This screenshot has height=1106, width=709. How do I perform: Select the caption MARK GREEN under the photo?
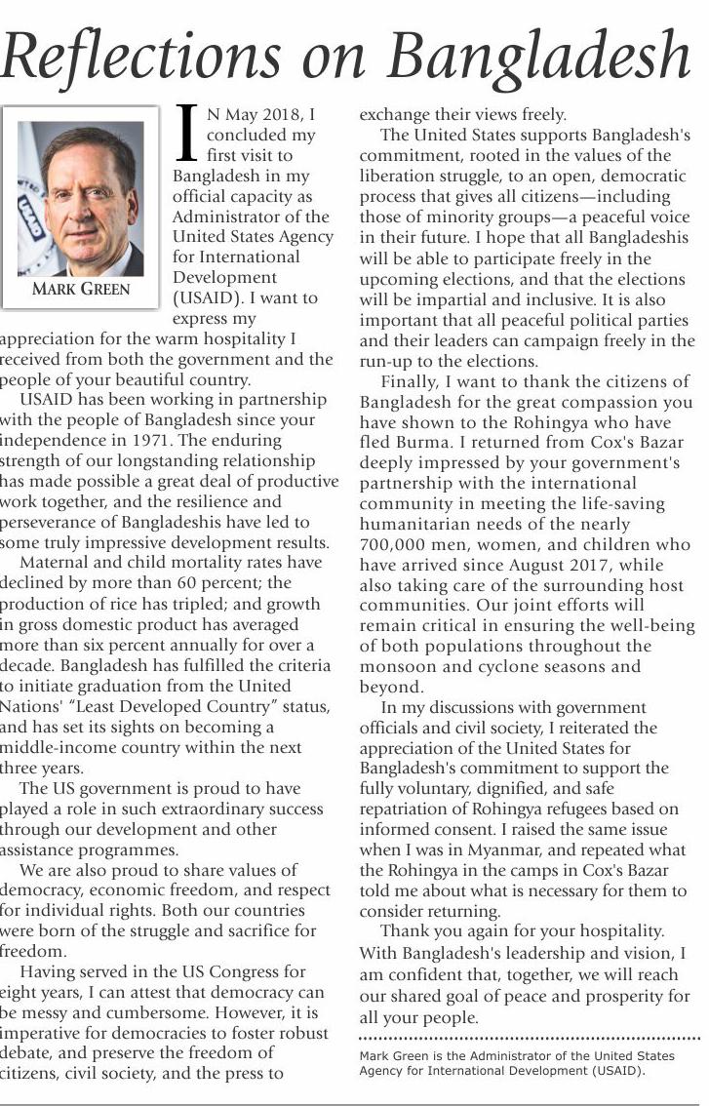tap(81, 289)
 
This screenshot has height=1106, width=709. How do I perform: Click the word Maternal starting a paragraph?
tap(62, 563)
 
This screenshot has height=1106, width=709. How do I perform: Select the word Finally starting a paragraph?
tap(410, 381)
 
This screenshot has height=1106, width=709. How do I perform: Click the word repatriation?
tap(412, 810)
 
